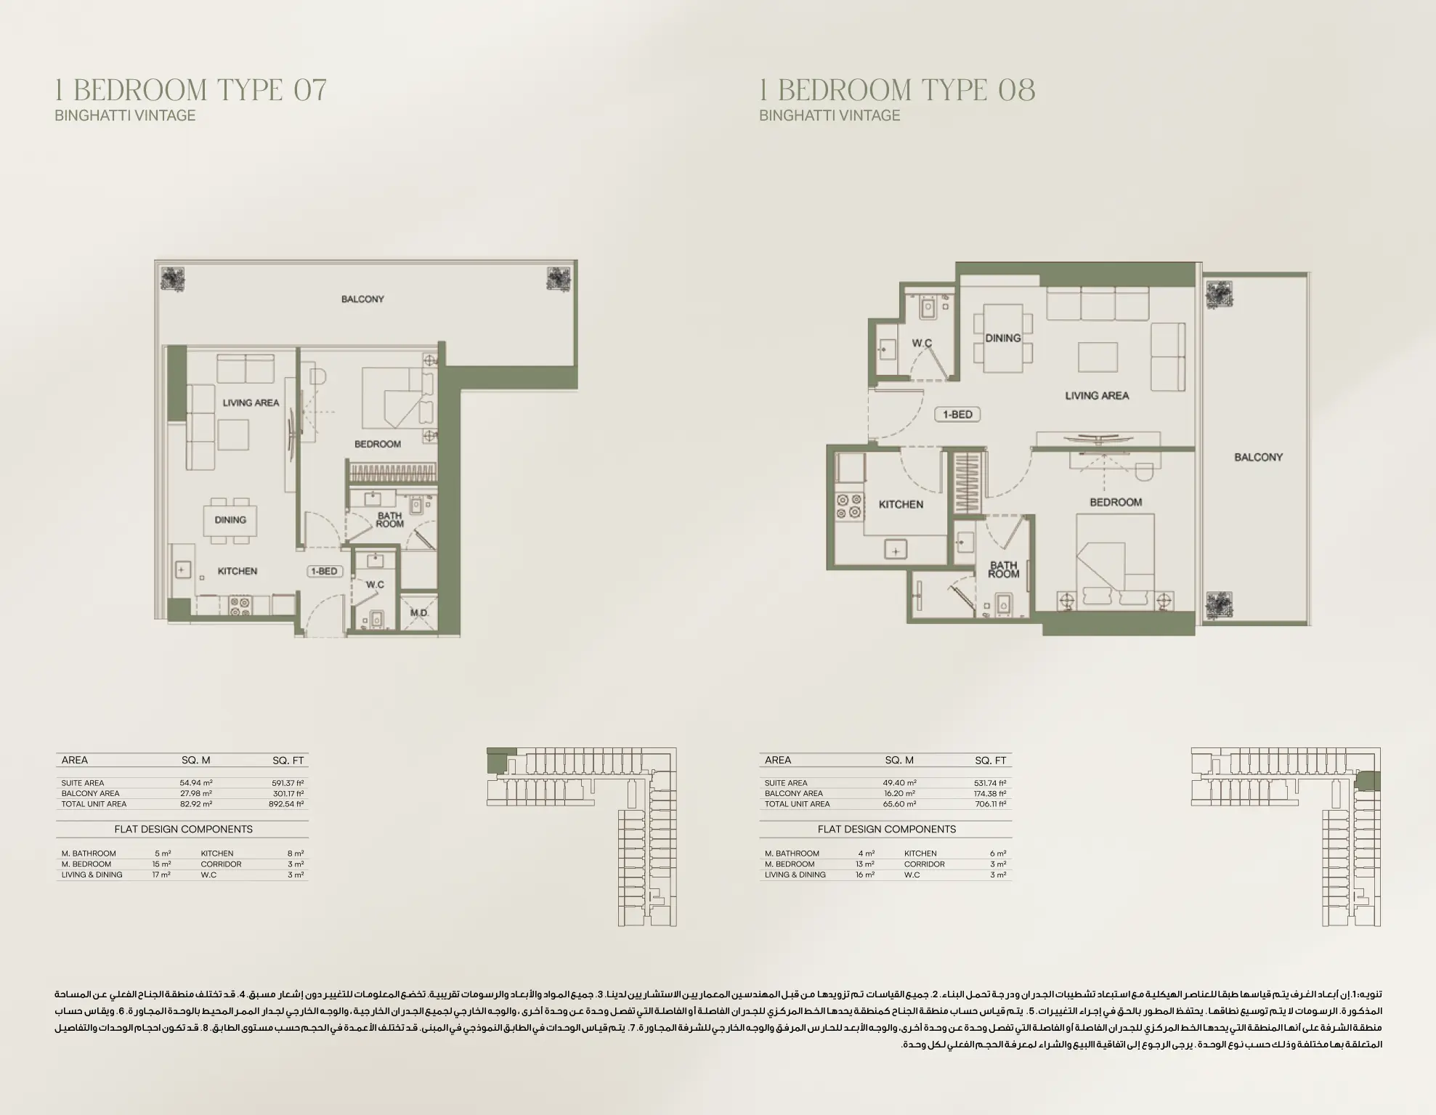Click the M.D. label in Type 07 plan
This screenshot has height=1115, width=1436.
tap(419, 613)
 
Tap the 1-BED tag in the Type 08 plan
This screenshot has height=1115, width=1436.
tap(957, 415)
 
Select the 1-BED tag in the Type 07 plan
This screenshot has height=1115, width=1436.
tap(324, 572)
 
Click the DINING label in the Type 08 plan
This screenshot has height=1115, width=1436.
tap(1003, 338)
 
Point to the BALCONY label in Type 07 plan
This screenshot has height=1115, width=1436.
tap(362, 299)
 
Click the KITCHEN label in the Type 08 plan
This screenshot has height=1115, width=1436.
tap(901, 504)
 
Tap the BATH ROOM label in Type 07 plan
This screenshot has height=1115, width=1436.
tap(390, 519)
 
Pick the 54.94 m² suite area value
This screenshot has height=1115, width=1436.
tap(196, 783)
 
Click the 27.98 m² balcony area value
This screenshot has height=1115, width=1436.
tap(196, 793)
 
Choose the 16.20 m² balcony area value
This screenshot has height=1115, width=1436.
tap(900, 793)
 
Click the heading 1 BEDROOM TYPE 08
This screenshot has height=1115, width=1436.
tap(897, 90)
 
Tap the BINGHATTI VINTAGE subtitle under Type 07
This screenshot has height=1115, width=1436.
tap(125, 115)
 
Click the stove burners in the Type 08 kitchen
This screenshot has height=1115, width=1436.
tap(848, 506)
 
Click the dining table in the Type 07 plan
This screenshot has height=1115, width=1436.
tap(230, 521)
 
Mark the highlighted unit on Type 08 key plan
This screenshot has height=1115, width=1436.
tap(1369, 782)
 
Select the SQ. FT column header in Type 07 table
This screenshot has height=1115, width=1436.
tap(288, 761)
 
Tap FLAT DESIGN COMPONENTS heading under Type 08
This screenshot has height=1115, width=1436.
tap(886, 829)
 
